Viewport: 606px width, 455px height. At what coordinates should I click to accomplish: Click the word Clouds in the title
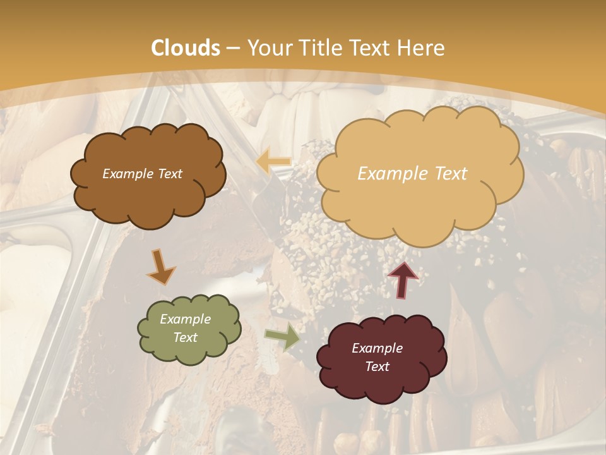pos(186,48)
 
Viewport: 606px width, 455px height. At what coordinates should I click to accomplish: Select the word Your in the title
pos(267,48)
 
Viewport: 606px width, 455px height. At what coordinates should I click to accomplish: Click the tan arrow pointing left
pos(273,162)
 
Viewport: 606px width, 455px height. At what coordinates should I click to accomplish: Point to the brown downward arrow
pos(162,267)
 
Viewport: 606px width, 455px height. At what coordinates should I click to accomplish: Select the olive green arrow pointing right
pos(282,338)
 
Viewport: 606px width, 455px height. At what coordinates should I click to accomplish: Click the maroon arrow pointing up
pos(402,279)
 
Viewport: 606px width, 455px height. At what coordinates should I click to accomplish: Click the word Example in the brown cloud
pos(127,174)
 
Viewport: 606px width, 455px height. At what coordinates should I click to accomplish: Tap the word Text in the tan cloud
pos(448,174)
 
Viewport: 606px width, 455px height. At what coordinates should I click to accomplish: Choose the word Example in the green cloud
pos(186,319)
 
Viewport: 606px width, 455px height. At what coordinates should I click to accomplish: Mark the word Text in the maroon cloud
pos(377,367)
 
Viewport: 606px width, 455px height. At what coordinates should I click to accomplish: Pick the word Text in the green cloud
pos(186,337)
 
